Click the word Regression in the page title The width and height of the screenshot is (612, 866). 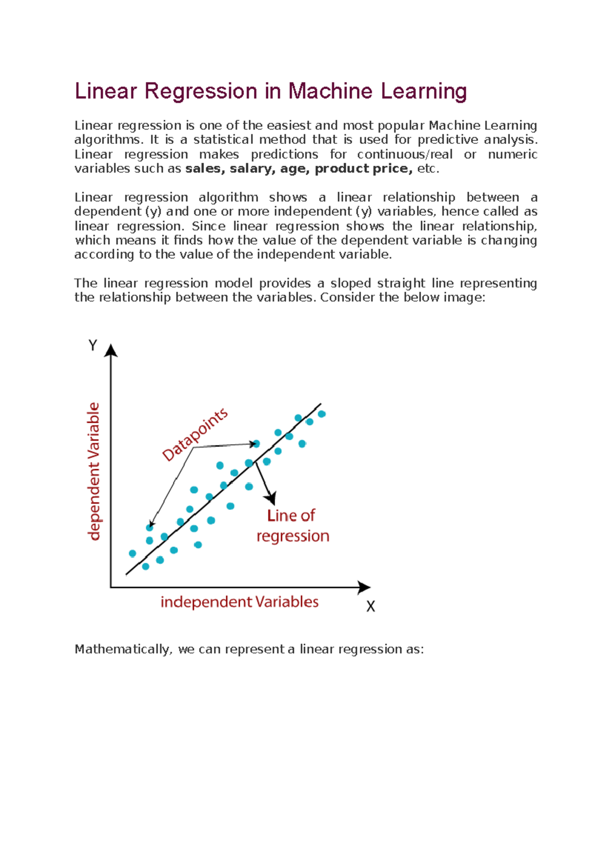click(201, 92)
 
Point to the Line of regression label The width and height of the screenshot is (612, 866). click(292, 526)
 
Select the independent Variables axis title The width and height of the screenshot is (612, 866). click(239, 602)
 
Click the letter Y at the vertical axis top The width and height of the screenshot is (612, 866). click(93, 346)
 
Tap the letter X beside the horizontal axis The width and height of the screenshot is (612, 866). click(371, 606)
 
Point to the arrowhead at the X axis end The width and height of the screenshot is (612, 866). click(364, 587)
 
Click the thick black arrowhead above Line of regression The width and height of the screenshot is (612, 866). click(271, 498)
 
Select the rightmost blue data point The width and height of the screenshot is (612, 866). click(322, 414)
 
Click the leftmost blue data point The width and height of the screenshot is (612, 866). click(133, 553)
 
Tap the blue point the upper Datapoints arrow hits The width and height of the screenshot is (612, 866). click(257, 444)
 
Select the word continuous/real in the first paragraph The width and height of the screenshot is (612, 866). click(404, 155)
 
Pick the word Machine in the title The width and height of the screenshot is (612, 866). click(330, 92)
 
